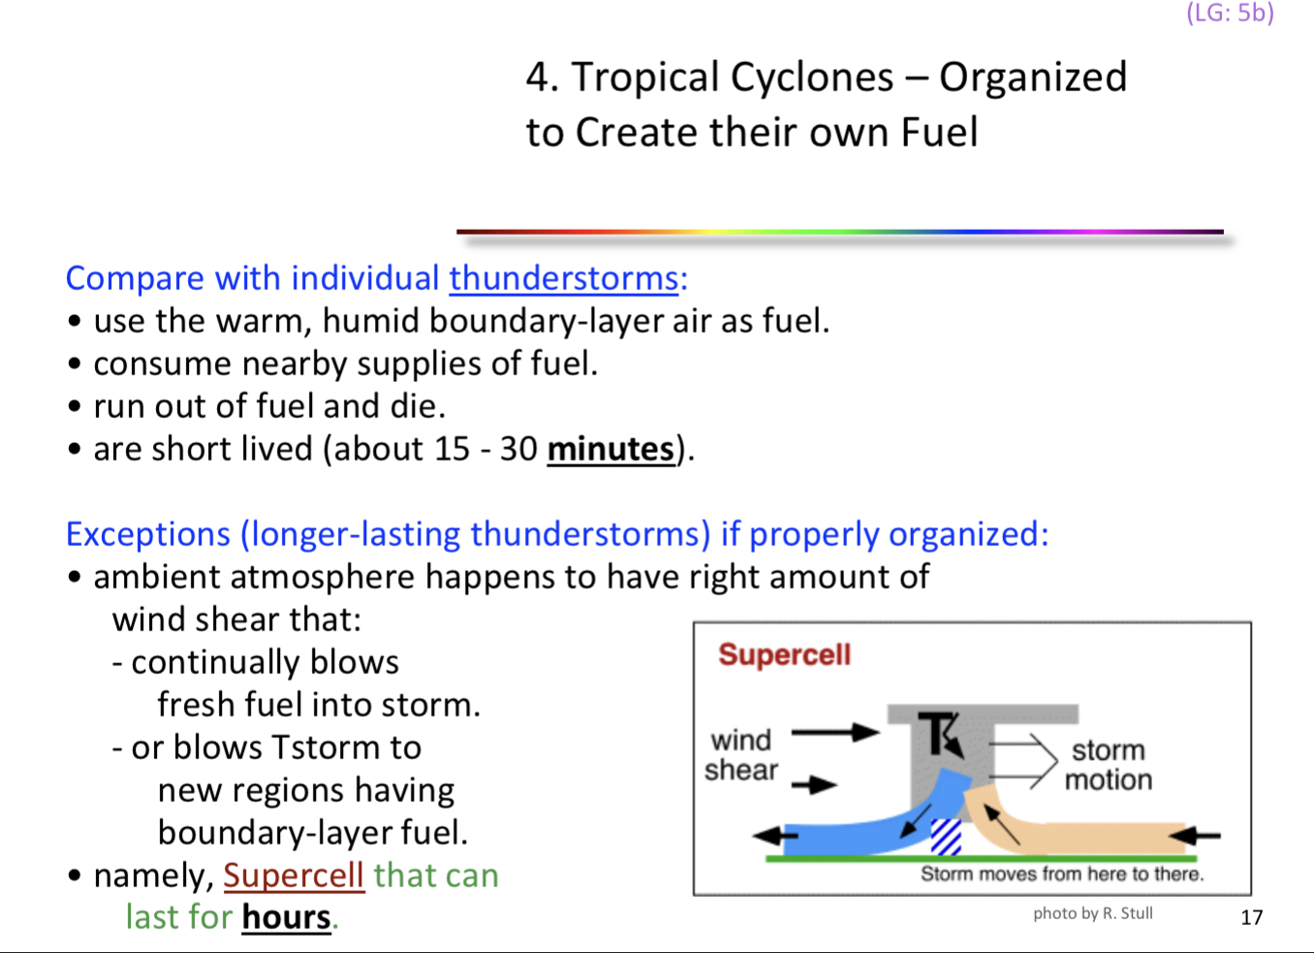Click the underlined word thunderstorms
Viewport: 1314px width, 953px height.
click(563, 278)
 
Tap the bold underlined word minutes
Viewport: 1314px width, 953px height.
click(610, 449)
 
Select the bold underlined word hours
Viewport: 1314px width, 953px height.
click(286, 917)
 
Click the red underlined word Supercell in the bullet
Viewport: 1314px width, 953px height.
click(294, 875)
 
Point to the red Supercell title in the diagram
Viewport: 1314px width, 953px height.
click(784, 655)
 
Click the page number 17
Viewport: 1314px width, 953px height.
click(1251, 917)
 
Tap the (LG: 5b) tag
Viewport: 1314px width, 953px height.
click(1230, 14)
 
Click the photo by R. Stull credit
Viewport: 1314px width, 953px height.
click(1092, 913)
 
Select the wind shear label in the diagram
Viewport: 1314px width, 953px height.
click(741, 755)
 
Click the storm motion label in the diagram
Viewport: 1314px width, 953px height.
click(1109, 765)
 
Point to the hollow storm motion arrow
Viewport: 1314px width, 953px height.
click(1023, 760)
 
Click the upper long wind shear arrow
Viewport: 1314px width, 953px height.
click(834, 732)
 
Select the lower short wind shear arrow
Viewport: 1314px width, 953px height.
click(814, 784)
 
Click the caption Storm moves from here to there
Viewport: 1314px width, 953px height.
click(1061, 874)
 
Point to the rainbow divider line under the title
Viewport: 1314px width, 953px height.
click(839, 232)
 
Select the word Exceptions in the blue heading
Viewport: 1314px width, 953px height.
click(148, 534)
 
